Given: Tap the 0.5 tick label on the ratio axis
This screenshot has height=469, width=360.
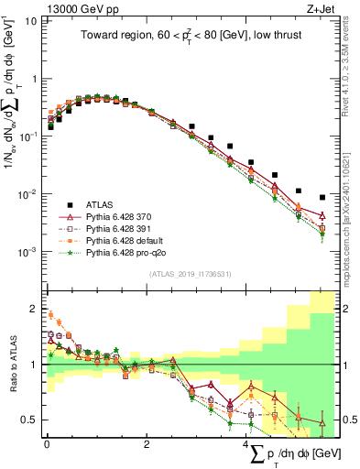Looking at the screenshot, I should tap(30, 420).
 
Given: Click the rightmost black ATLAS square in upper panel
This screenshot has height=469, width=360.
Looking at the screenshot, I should tap(322, 197).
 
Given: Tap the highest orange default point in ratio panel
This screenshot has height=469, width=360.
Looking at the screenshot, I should tap(50, 314).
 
